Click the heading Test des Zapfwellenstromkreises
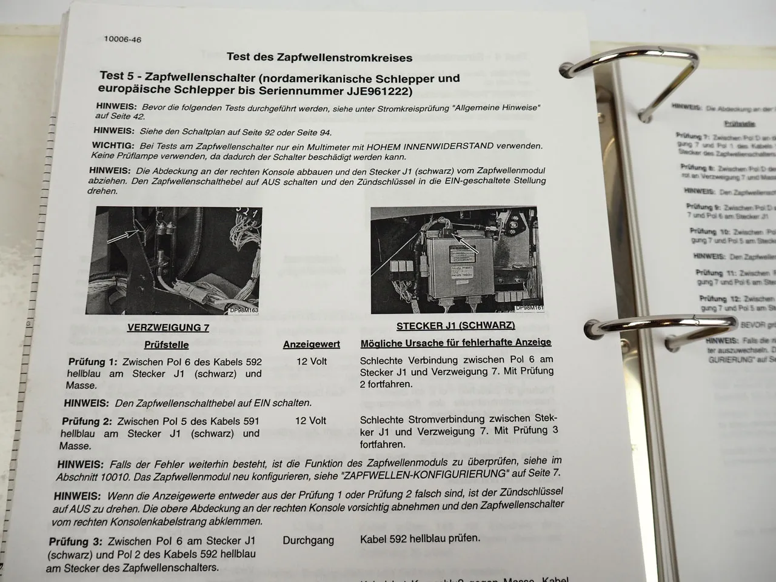[x=319, y=58]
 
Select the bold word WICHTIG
[x=112, y=146]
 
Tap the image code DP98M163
[x=244, y=310]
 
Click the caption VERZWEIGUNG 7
[x=168, y=327]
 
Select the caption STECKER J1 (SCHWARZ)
[x=455, y=326]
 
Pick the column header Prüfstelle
[x=166, y=345]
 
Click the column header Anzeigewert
[x=311, y=344]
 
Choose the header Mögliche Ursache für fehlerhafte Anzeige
[x=455, y=343]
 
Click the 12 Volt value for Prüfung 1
[x=311, y=361]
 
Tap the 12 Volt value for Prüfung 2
[x=310, y=421]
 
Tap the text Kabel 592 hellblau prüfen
[x=420, y=538]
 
